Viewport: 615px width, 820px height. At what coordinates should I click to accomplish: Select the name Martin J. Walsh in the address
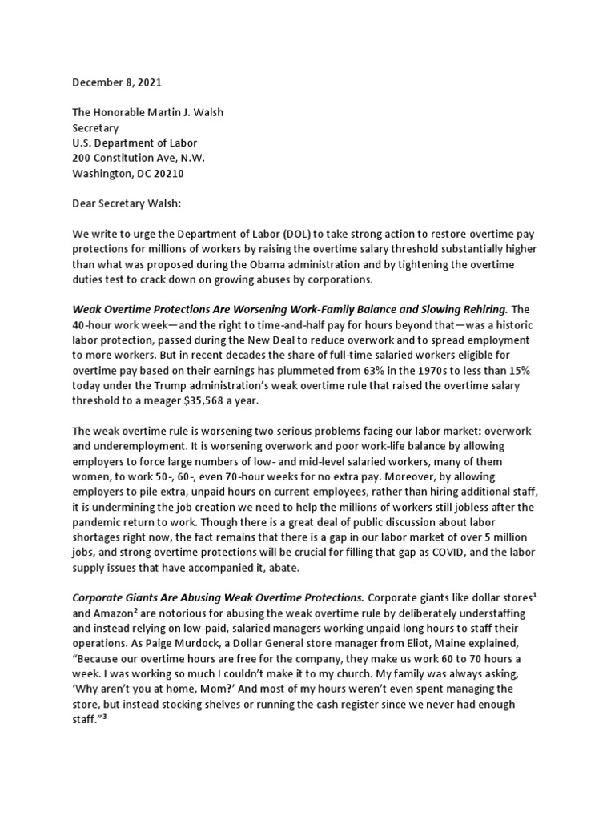coord(181,113)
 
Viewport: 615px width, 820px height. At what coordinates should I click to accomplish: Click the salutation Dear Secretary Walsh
coord(127,203)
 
